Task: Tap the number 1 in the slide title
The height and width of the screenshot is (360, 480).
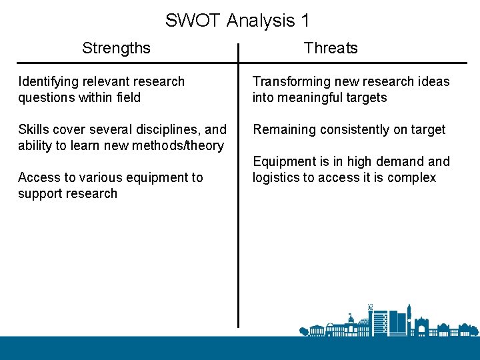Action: pos(305,21)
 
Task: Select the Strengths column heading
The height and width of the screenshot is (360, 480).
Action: pos(116,48)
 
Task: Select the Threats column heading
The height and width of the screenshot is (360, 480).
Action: pos(331,48)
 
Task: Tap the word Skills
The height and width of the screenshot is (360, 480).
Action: pos(31,129)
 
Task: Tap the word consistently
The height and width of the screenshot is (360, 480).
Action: pos(353,129)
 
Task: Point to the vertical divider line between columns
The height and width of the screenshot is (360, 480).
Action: pos(238,200)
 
